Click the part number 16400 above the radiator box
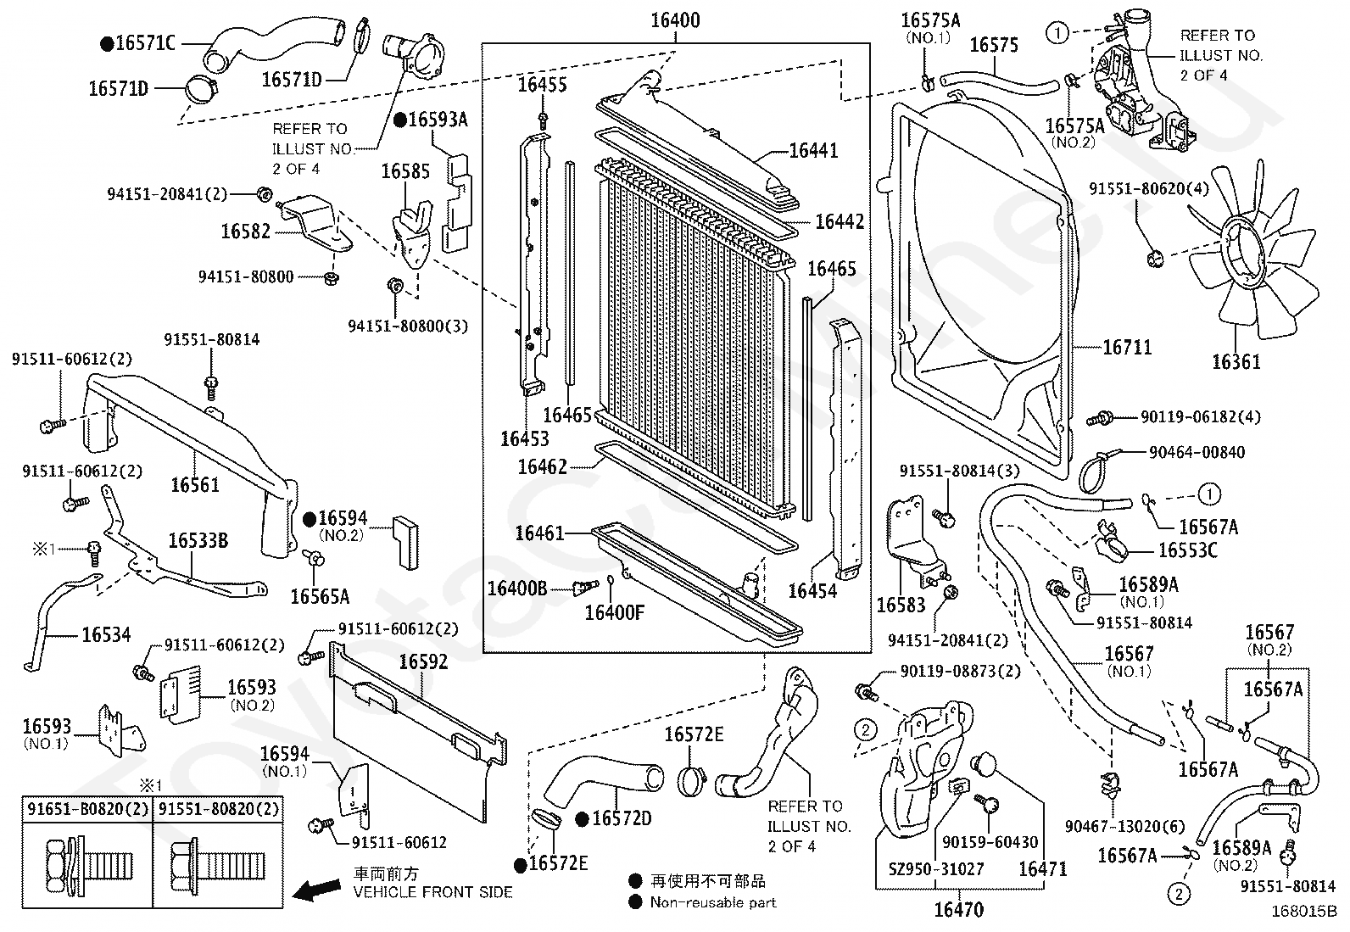click(x=675, y=20)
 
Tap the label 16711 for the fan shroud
click(x=1127, y=347)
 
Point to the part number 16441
click(x=812, y=150)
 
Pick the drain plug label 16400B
click(x=516, y=587)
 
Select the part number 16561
click(x=195, y=484)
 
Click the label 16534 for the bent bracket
click(x=106, y=634)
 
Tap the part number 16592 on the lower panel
click(x=422, y=661)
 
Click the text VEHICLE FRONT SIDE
click(x=432, y=891)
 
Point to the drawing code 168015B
click(x=1303, y=913)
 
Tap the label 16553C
click(x=1187, y=550)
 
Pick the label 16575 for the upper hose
click(x=993, y=44)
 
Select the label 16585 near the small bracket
click(x=404, y=171)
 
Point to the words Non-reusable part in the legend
click(x=712, y=902)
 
